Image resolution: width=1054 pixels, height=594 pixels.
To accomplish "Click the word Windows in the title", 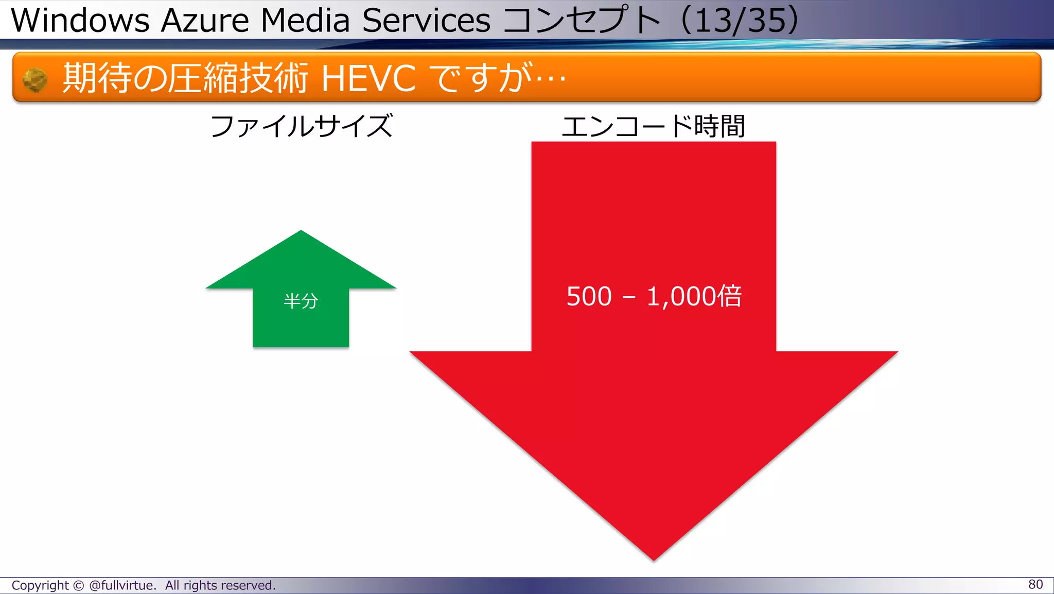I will (x=80, y=21).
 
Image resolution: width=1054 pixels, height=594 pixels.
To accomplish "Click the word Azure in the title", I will (x=205, y=21).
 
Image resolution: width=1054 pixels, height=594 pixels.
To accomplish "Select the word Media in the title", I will (x=305, y=21).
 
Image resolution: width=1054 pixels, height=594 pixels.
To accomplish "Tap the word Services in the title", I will (x=426, y=21).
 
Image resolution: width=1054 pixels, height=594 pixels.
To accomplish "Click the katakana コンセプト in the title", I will (x=581, y=21).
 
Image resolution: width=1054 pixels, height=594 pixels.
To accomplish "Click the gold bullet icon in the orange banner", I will (x=35, y=80).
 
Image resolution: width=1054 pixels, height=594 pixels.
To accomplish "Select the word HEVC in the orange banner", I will (x=368, y=78).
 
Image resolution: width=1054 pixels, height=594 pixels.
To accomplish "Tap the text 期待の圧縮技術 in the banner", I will (x=185, y=78).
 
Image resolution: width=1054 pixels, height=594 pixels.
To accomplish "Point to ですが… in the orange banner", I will (x=497, y=78).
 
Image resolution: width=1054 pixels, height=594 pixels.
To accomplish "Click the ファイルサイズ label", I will (x=302, y=126).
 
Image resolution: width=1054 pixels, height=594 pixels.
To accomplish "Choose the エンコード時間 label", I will (x=653, y=126).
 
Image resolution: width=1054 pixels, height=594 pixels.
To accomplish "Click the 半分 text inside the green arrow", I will (x=301, y=301).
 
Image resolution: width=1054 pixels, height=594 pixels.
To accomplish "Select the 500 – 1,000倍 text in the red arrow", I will (x=654, y=296).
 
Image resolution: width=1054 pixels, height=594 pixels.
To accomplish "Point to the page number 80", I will (x=1035, y=584).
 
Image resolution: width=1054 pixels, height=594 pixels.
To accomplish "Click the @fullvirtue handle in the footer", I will (x=122, y=585).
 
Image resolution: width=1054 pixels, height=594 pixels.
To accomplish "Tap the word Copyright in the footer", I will (x=40, y=585).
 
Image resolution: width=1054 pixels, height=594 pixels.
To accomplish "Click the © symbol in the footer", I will (x=78, y=585).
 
